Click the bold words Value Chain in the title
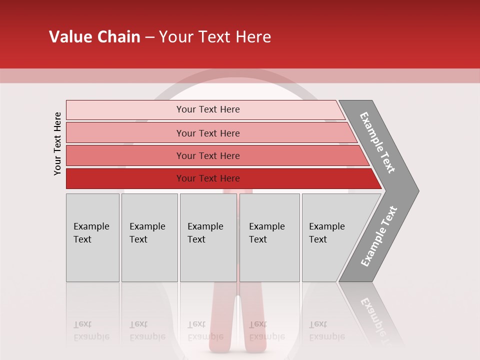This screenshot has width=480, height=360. point(94,37)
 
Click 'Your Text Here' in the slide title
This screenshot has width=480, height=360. point(215,37)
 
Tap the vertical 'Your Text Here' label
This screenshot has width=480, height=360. point(57,144)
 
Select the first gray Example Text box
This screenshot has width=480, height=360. point(92,255)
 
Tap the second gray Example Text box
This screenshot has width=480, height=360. point(149,255)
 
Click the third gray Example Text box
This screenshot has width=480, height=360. point(208,255)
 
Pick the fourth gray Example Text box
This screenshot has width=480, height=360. point(269,255)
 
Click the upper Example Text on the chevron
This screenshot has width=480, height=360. point(377,142)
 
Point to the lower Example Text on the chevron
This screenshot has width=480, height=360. point(379,236)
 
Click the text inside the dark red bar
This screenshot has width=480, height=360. point(208,178)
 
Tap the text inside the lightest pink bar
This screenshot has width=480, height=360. point(208,109)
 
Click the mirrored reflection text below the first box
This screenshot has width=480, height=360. point(91,331)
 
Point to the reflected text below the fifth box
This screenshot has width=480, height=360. point(326,331)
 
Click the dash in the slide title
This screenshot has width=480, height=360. point(149,37)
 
